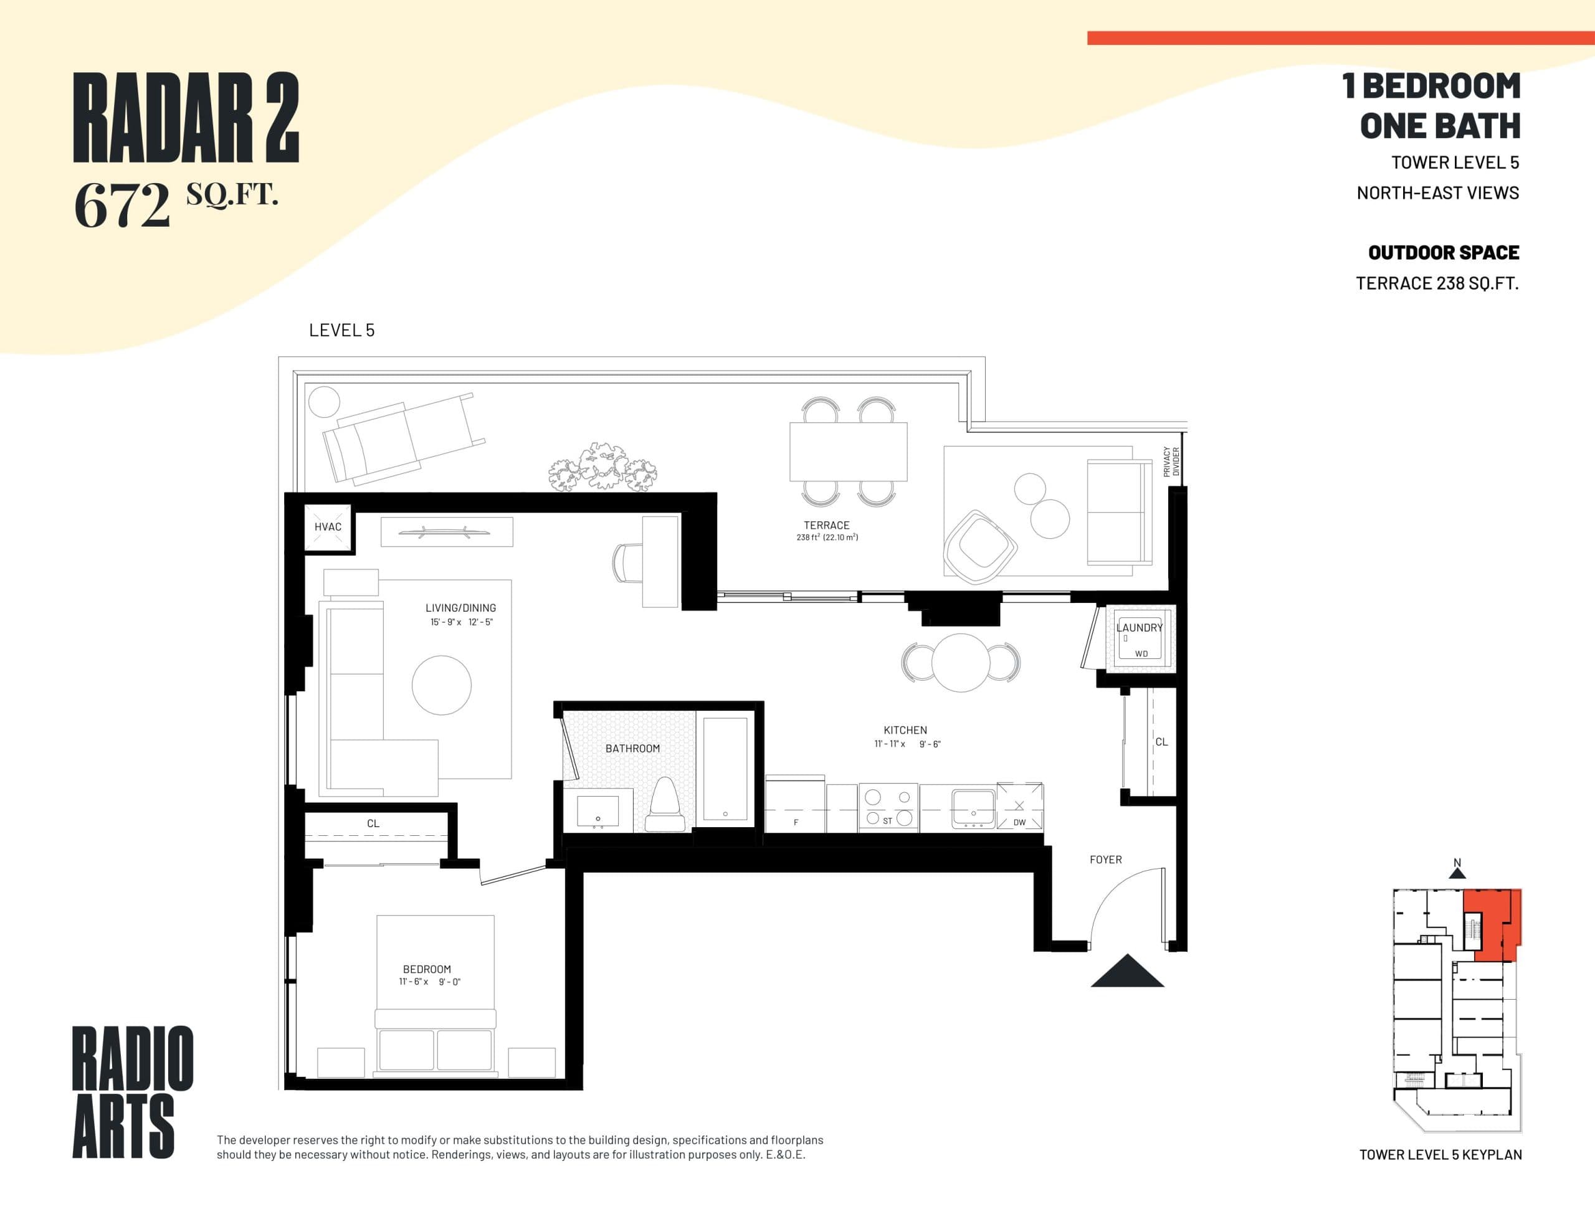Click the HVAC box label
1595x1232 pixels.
pos(328,526)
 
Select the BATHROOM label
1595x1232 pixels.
pos(632,749)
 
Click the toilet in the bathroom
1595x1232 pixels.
pos(665,805)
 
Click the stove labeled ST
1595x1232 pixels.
pos(888,808)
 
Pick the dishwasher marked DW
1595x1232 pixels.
pos(1019,808)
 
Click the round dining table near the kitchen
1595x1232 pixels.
pos(961,662)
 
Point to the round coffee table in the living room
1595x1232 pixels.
pos(441,685)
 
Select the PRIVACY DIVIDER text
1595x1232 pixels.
pos(1171,462)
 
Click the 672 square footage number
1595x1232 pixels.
pos(122,205)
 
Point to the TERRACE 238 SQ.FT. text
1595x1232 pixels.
pos(1437,283)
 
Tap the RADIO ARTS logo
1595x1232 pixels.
pos(132,1091)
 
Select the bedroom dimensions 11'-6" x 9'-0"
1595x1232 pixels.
pos(429,982)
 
